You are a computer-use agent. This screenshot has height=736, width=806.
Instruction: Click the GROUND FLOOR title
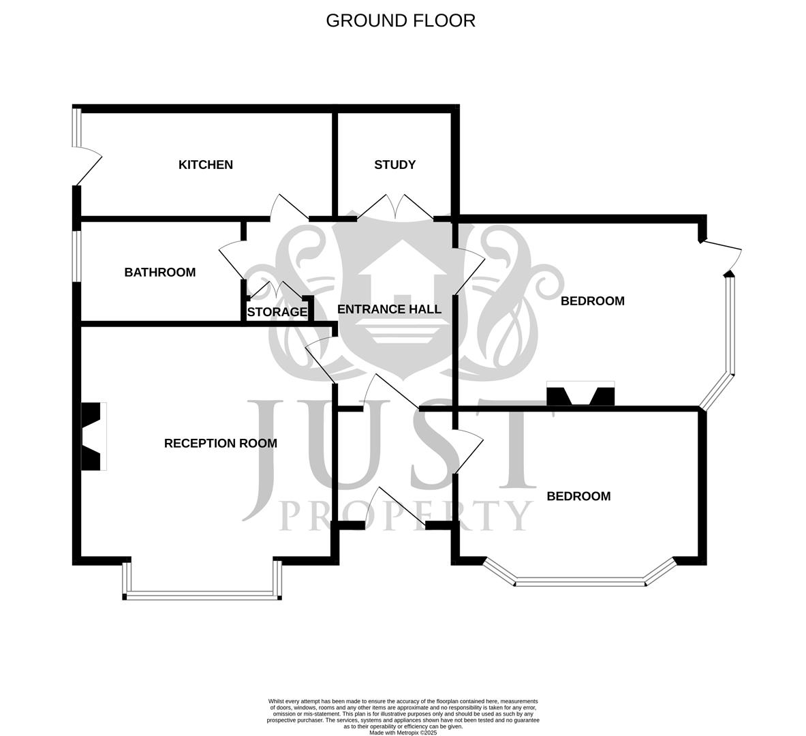[x=401, y=20]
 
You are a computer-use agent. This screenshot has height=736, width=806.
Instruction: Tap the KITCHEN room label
[x=205, y=165]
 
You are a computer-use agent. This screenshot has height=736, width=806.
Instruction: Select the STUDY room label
[x=394, y=165]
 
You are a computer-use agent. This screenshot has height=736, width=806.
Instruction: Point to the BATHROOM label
[x=159, y=273]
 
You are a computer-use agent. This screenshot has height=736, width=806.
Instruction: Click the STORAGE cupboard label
[x=277, y=312]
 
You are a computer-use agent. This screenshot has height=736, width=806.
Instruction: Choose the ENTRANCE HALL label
[x=389, y=309]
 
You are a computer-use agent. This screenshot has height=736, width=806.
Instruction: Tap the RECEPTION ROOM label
[x=220, y=444]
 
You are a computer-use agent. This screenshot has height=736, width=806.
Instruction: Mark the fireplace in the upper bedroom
[x=580, y=395]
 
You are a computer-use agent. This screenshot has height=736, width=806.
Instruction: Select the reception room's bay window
[x=202, y=594]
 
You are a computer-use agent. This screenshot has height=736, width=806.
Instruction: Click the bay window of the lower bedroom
[x=579, y=581]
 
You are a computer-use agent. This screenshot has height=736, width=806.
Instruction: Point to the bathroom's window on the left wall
[x=77, y=256]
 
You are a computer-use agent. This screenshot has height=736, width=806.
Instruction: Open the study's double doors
[x=395, y=206]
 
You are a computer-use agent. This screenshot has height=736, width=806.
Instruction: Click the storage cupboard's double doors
[x=277, y=292]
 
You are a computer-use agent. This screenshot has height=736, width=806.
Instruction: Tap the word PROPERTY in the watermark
[x=406, y=516]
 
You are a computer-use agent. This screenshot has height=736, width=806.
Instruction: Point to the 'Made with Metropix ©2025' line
[x=403, y=733]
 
